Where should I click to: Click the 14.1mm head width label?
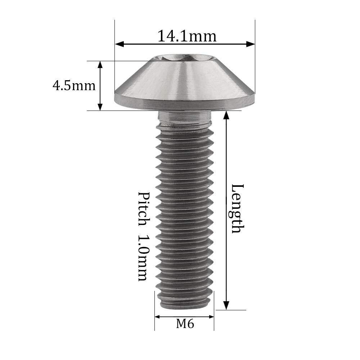click(x=187, y=36)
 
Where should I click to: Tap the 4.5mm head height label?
click(x=74, y=86)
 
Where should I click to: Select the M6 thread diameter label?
click(x=185, y=324)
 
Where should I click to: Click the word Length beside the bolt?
click(x=238, y=208)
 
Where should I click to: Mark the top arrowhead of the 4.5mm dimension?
click(x=100, y=64)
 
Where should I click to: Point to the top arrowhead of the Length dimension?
click(x=226, y=115)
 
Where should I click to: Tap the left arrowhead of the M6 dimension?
click(x=158, y=317)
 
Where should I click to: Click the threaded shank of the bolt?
click(x=184, y=209)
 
